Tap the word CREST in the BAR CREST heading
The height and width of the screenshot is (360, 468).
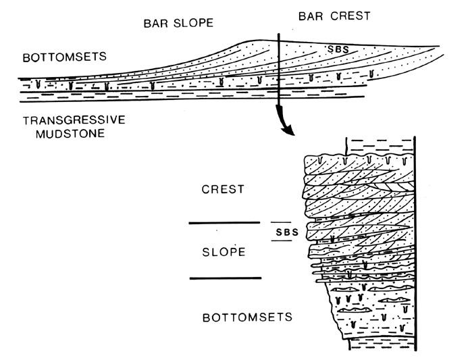(350, 16)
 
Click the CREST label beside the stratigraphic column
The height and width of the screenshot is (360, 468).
(223, 190)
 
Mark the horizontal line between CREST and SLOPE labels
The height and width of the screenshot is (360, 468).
(224, 222)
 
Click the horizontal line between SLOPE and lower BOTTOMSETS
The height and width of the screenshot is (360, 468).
(224, 278)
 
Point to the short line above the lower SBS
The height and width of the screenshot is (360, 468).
(281, 222)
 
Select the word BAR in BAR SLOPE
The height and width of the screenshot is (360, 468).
(153, 24)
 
